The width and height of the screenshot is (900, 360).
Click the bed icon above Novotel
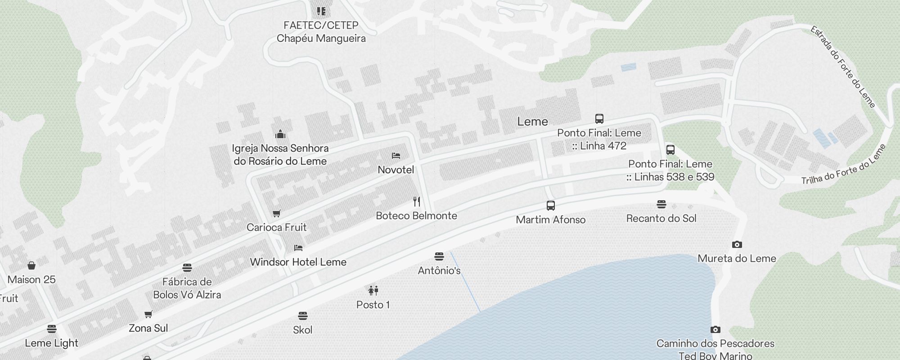[x=396, y=156]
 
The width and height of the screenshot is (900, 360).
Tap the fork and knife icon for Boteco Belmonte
[x=417, y=201]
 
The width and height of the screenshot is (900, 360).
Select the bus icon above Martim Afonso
[x=550, y=206]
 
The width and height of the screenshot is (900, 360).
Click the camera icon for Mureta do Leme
[x=737, y=245]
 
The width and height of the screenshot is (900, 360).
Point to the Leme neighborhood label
[x=532, y=121]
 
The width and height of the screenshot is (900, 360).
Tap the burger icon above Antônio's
[x=439, y=256]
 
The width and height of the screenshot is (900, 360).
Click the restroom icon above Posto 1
[x=373, y=291]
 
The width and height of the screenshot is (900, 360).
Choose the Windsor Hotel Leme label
[x=298, y=262]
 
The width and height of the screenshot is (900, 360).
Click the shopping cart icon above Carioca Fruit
[x=277, y=213]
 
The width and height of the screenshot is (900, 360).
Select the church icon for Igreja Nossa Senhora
[x=280, y=134]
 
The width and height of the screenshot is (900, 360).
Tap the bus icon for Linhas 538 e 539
[x=670, y=150]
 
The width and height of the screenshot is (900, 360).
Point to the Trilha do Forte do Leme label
[x=843, y=165]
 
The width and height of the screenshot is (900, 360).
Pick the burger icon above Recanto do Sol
[x=661, y=204]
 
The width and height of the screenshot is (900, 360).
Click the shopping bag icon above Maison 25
[x=31, y=265]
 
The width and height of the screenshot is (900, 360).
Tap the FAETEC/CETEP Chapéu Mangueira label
[x=321, y=31]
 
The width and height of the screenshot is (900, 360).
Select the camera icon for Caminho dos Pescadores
[x=715, y=330]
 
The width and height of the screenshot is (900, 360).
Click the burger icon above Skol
[x=302, y=316]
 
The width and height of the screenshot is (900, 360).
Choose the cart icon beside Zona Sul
[x=148, y=314]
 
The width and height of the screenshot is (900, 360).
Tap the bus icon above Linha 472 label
[x=599, y=119]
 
